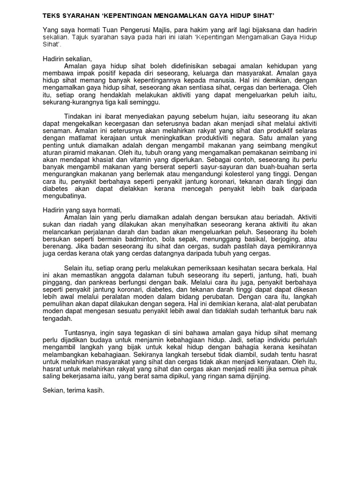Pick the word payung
click(x=175, y=116)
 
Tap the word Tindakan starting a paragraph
click(x=76, y=116)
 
